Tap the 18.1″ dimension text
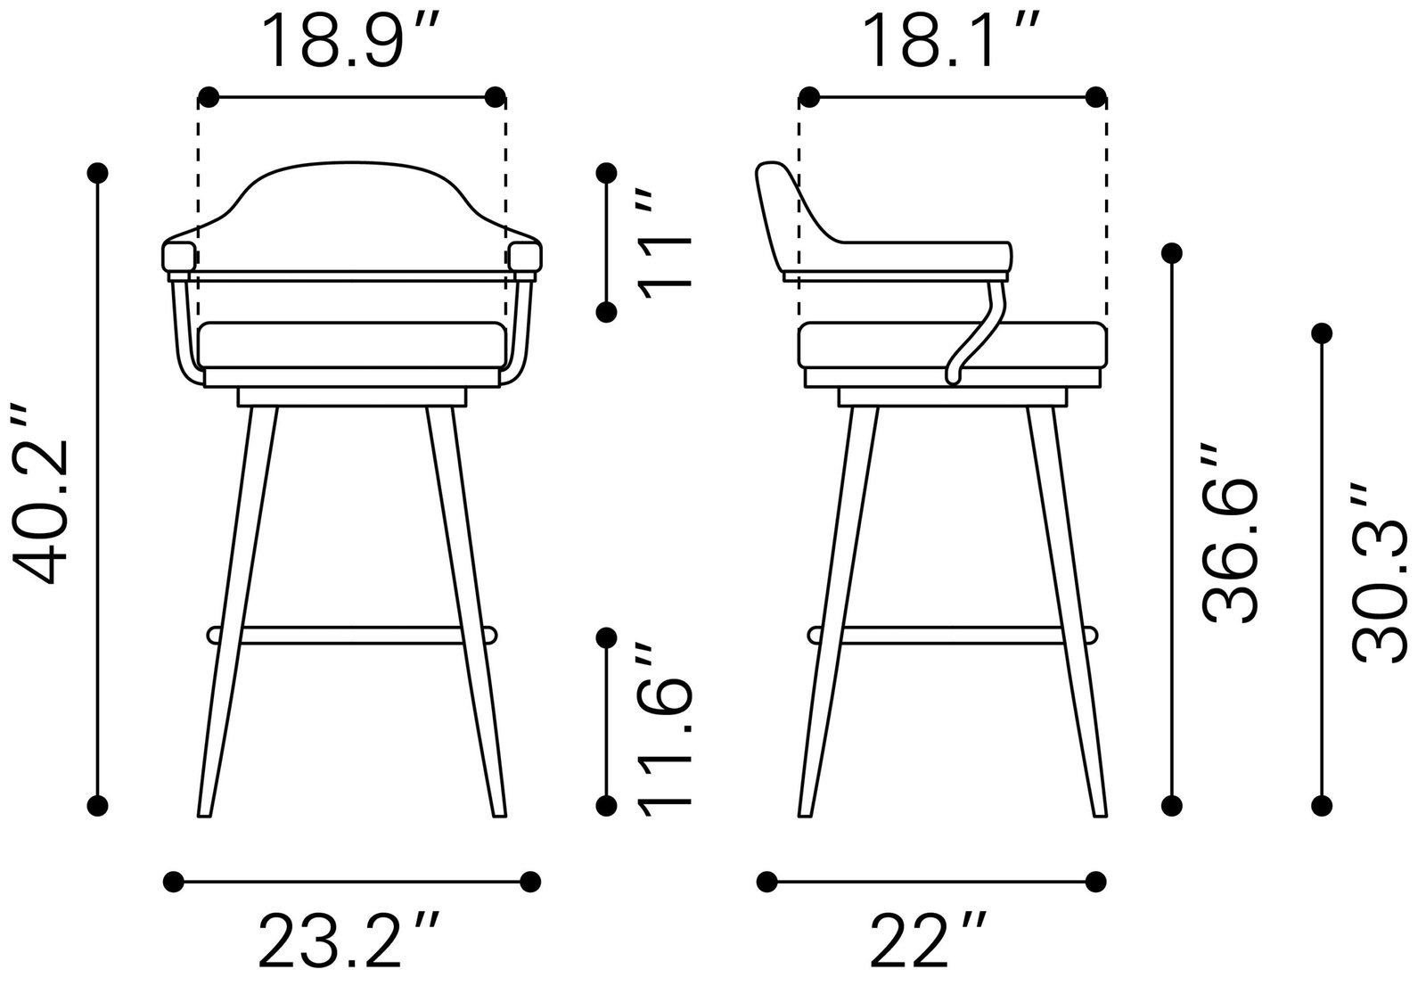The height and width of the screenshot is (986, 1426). coord(952,41)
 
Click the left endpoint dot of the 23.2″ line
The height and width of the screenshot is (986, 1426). coord(174,882)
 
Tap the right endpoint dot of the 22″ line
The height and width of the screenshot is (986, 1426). coord(1098,882)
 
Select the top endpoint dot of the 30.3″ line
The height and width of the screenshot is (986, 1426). coord(1323,333)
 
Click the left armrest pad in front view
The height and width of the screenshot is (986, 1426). coord(178,256)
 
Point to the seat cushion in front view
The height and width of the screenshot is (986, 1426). coord(352,344)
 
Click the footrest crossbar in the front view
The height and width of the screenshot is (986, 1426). coord(352,635)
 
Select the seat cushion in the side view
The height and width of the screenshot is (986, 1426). coord(952,344)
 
